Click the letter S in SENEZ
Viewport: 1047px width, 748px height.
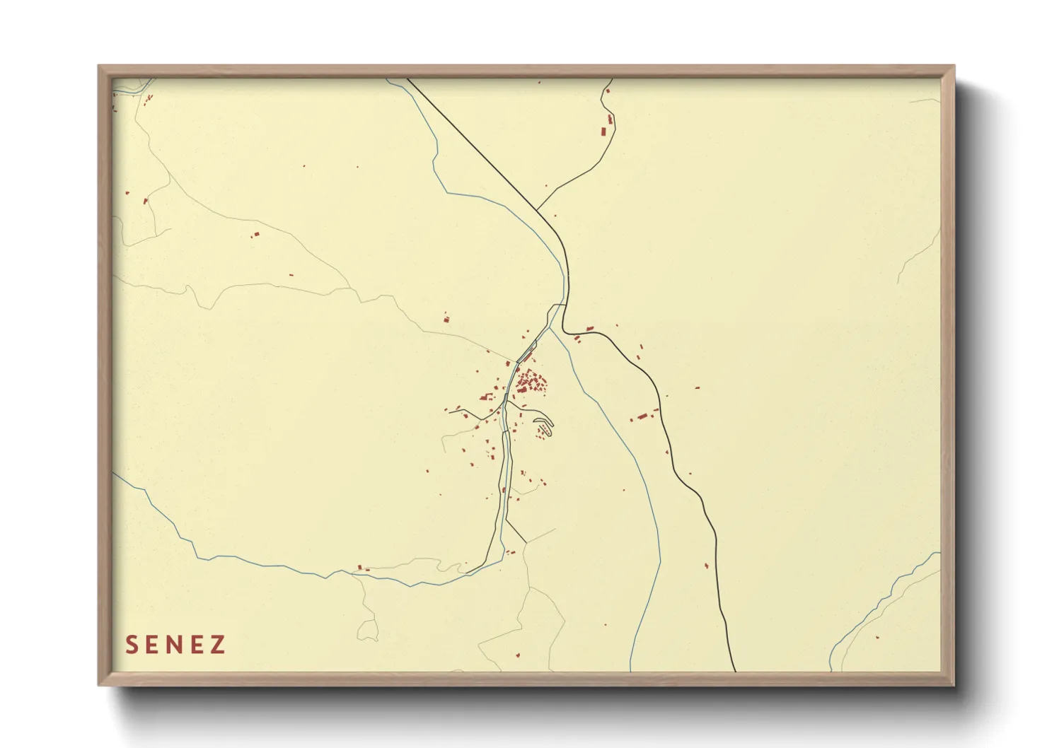132,645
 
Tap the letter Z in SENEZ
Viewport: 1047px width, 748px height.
217,645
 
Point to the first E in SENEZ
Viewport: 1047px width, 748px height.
154,645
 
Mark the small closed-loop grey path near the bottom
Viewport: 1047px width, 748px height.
368,628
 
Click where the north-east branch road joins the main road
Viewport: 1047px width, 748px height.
537,209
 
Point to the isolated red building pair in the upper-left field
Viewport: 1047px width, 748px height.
255,235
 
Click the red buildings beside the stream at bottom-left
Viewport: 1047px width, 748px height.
362,568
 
